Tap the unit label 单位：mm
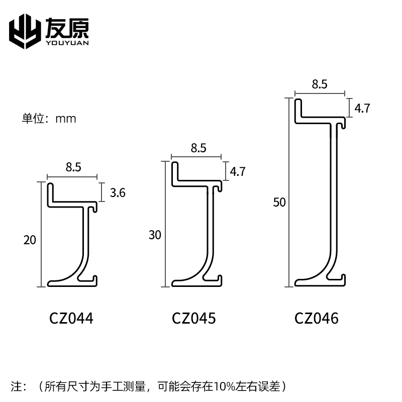tap(49, 119)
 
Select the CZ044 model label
tap(71, 318)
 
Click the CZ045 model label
tap(194, 318)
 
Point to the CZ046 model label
tap(317, 318)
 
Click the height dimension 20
tap(30, 240)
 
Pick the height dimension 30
tap(155, 235)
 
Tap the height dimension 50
tap(279, 203)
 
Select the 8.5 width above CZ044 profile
tap(73, 168)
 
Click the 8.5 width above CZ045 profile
tap(198, 148)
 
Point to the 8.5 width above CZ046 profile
tap(320, 84)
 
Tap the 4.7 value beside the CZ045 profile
tap(237, 171)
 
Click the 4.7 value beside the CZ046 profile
tap(362, 108)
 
